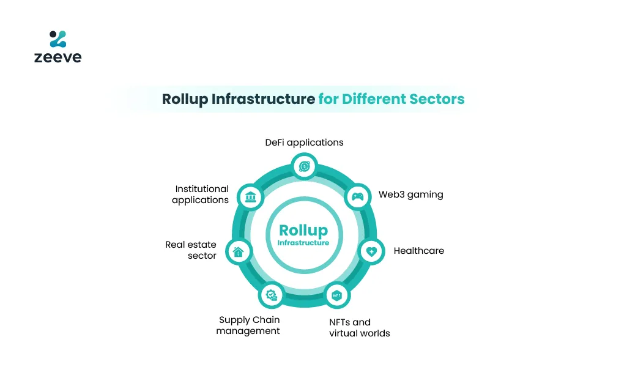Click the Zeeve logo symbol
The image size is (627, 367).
(x=58, y=39)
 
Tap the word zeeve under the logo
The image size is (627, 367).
(x=58, y=57)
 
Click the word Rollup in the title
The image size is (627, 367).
(x=185, y=99)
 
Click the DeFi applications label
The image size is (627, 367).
(x=304, y=143)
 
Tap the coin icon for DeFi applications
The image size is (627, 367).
(x=304, y=166)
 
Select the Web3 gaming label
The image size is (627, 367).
(x=410, y=195)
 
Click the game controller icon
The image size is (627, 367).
(x=357, y=196)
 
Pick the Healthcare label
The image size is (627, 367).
(x=418, y=251)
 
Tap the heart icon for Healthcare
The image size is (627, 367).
(x=371, y=251)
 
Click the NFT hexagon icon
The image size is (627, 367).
(x=336, y=295)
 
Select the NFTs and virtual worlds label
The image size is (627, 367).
(x=360, y=328)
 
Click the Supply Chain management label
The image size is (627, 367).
(x=248, y=325)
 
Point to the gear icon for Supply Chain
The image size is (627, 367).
(x=272, y=295)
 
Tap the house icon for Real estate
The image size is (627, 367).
(x=239, y=252)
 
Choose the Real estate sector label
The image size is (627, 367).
(x=191, y=250)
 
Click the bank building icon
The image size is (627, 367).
(x=250, y=197)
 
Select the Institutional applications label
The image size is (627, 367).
(x=201, y=195)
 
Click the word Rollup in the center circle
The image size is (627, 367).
(x=303, y=231)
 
